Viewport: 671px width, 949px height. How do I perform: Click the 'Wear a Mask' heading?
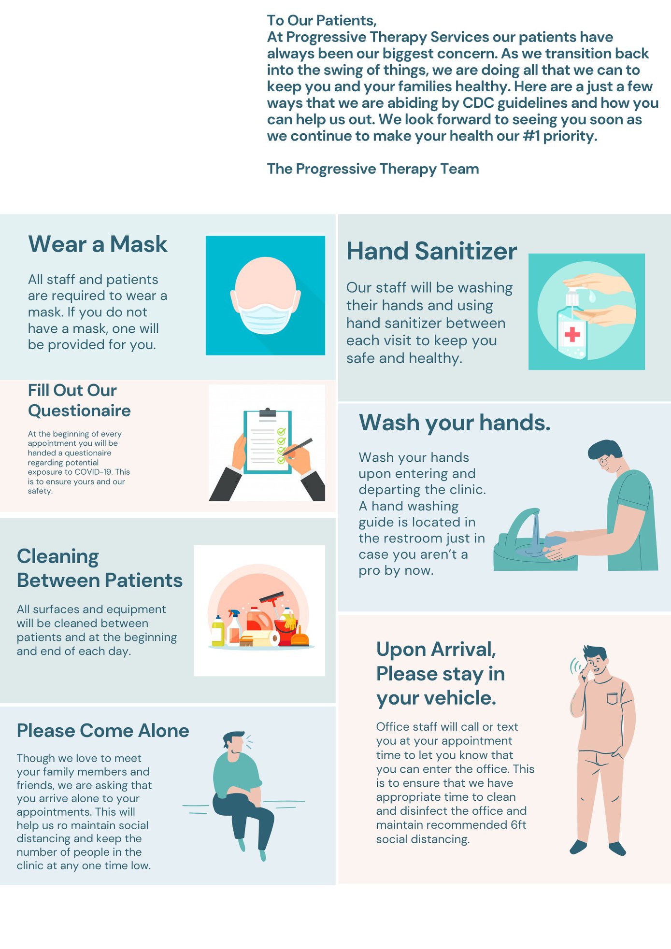click(x=98, y=244)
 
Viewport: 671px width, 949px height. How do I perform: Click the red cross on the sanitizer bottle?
click(x=572, y=334)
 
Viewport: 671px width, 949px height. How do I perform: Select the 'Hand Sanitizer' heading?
click(x=431, y=251)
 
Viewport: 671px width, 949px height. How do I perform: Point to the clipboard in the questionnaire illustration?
click(x=267, y=441)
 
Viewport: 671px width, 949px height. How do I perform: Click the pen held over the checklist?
click(x=297, y=447)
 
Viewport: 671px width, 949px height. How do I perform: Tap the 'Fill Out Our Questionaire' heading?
click(x=79, y=400)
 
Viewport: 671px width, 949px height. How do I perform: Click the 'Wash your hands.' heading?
click(x=455, y=423)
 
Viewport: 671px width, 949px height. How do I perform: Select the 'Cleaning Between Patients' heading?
click(x=100, y=568)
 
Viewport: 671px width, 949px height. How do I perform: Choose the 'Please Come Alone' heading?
click(x=103, y=731)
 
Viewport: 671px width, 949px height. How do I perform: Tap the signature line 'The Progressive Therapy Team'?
click(x=373, y=169)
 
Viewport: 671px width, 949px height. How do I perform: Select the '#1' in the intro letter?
click(x=531, y=136)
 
